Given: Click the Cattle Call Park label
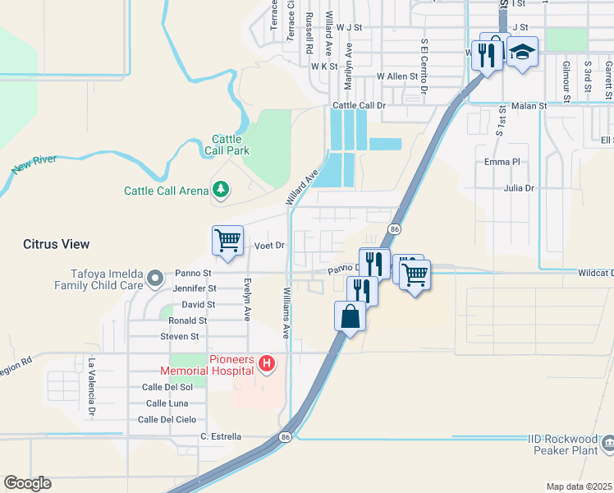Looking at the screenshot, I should click(x=231, y=145).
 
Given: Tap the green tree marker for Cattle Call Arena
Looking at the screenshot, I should click(x=221, y=191).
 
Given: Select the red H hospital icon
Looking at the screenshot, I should click(x=266, y=362).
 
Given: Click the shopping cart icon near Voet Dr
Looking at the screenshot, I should click(x=227, y=241).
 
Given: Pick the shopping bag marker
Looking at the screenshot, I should click(x=351, y=316).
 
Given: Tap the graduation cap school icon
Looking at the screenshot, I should click(x=521, y=53).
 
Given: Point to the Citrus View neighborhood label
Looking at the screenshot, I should click(x=56, y=244).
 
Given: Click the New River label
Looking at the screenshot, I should click(x=34, y=164).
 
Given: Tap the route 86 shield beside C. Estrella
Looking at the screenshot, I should click(x=285, y=436).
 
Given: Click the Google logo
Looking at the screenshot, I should click(x=28, y=482).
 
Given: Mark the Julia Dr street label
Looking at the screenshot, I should click(x=519, y=188).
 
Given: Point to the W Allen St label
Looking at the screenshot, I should click(x=397, y=76).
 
